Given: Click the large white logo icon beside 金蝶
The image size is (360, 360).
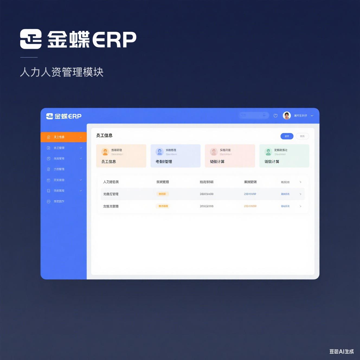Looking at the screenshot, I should tap(31, 39).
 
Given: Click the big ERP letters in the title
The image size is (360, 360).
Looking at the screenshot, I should tap(114, 40).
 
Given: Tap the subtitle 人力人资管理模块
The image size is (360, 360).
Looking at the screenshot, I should tap(62, 72).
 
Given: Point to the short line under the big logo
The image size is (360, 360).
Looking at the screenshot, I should tap(29, 57).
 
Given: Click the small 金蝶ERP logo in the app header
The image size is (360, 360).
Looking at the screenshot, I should tap(64, 116).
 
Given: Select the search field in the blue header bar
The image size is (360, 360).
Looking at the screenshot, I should tap(254, 115).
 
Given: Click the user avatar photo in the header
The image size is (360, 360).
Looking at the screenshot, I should tap(287, 115).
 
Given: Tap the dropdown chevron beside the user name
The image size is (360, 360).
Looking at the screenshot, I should tap(312, 116).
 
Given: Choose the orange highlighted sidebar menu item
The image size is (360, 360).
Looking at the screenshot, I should tap(64, 137).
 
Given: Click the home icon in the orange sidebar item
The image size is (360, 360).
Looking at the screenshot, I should tap(49, 137).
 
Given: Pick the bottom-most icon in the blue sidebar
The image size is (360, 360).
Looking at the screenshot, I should tap(49, 201).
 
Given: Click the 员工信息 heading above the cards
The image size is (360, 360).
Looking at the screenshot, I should tap(104, 136).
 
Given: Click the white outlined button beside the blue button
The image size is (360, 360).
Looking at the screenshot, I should tap(302, 136).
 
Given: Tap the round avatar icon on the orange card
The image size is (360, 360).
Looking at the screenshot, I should tap(105, 152).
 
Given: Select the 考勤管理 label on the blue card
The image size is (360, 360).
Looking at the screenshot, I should tap(164, 162).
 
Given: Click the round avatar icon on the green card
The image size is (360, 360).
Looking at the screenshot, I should tap(268, 152).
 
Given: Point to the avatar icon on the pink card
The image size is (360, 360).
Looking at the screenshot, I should tap(214, 152).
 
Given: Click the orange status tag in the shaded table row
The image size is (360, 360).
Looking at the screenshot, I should tap(162, 194).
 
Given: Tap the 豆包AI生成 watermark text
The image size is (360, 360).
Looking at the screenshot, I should tap(342, 352).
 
